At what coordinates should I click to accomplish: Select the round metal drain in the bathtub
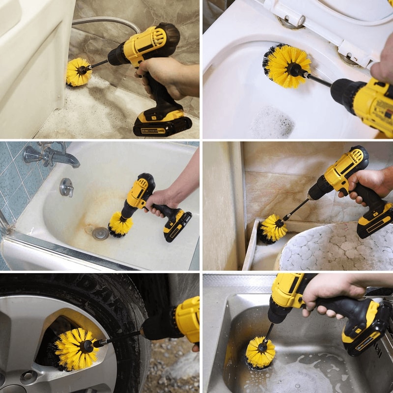pyautogui.click(x=100, y=233)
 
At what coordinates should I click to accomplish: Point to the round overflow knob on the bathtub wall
pyautogui.click(x=66, y=187)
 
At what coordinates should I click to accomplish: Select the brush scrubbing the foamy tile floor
pyautogui.click(x=79, y=72)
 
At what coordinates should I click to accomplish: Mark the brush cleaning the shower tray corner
pyautogui.click(x=273, y=228)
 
